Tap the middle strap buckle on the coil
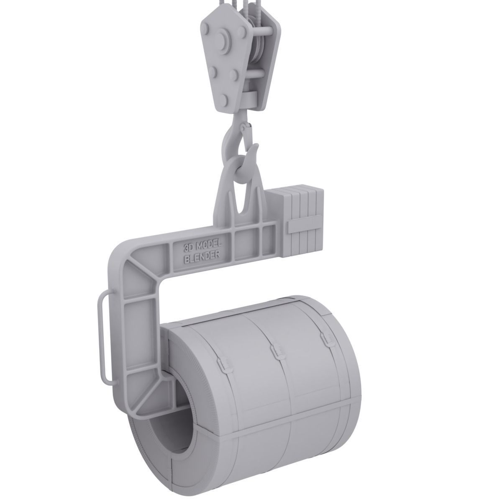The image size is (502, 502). coord(276,353)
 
